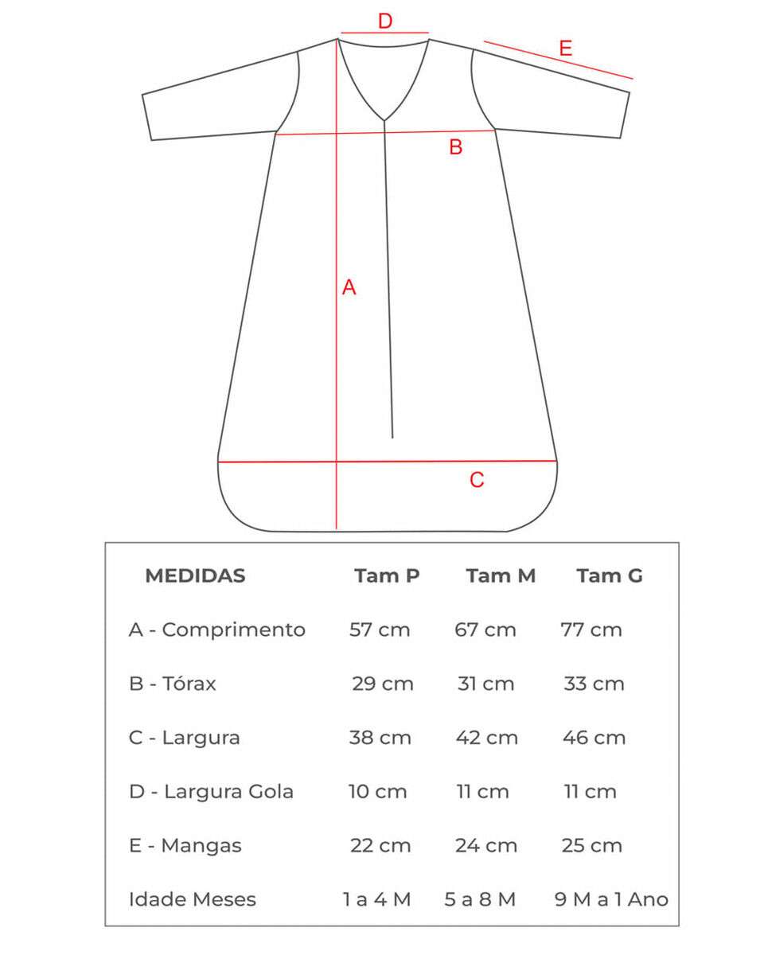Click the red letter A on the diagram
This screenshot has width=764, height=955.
point(349,288)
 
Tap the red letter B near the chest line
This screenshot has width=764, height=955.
point(456,147)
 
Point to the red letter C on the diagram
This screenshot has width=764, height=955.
point(477,480)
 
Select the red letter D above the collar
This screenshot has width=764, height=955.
point(385,21)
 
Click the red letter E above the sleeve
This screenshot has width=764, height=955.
point(565,49)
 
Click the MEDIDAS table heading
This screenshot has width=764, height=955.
point(195,575)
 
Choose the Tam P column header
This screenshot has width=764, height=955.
point(387,575)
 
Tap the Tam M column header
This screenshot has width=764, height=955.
point(501,575)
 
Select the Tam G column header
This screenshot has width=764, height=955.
point(610,575)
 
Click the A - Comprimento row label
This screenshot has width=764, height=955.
point(216,630)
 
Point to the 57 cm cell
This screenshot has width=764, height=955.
point(380,630)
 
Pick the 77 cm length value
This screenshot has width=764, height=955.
point(591,630)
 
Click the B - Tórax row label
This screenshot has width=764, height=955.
point(172,684)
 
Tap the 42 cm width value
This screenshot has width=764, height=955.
point(486,738)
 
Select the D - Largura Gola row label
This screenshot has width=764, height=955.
point(211,792)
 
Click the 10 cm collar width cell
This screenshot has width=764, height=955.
point(377,792)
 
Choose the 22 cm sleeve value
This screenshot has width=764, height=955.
point(380,845)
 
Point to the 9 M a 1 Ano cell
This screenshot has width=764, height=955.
point(611,899)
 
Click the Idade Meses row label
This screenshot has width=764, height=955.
point(193,899)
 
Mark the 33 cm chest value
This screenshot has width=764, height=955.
point(594,684)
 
